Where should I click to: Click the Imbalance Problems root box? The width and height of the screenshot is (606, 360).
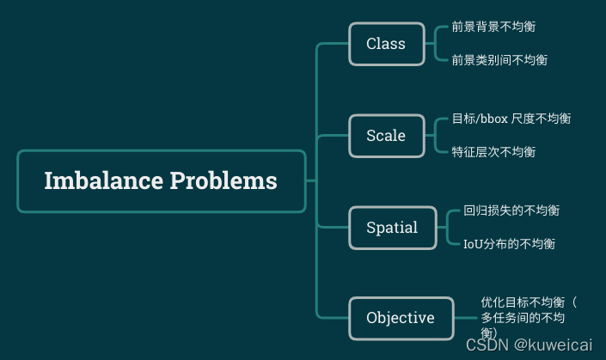pos(161,181)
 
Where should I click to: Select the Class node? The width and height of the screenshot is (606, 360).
pos(386,44)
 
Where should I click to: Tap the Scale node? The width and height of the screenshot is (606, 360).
pos(386,136)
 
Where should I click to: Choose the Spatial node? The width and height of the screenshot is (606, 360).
pos(392,228)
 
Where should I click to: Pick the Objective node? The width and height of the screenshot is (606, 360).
pos(401,318)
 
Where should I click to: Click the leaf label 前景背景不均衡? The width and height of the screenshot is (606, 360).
pos(493,27)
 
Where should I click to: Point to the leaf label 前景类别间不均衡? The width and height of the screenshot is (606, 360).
pos(499,60)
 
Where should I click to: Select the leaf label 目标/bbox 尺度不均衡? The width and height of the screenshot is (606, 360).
pos(511,119)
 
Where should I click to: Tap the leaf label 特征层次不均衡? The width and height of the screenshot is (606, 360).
pos(493,152)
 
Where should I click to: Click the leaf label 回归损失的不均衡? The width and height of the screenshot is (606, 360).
pos(511,211)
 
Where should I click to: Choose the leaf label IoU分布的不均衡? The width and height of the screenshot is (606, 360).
pos(509,244)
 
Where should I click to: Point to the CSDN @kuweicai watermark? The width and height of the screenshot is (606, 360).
pos(529,344)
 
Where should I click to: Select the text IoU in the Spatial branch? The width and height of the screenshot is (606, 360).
pos(474,244)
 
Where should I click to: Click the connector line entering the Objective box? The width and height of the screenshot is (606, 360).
pos(334,318)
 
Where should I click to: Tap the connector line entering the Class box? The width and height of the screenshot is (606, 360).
pos(334,44)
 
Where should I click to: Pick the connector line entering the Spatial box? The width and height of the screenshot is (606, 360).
pos(334,228)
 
